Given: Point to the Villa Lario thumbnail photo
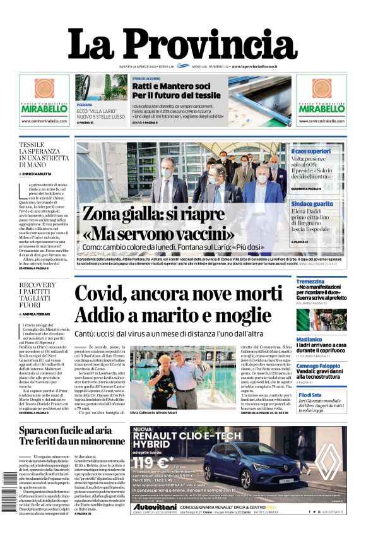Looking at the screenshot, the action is point(93,88).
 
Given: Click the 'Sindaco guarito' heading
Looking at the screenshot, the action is point(312,204).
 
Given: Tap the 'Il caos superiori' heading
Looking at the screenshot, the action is point(310,152).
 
